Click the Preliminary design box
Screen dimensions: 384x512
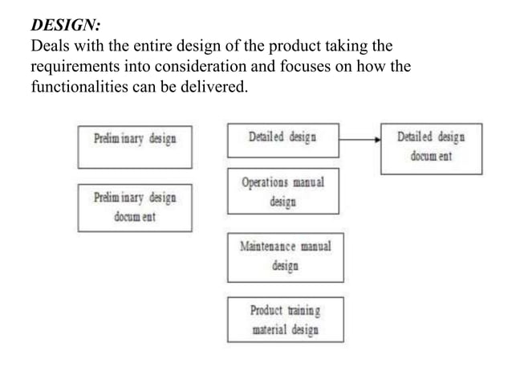click(135, 145)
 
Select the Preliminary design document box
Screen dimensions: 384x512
click(135, 207)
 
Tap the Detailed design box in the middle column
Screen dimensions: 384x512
click(282, 140)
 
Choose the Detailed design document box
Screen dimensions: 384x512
click(431, 148)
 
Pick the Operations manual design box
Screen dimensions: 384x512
click(282, 191)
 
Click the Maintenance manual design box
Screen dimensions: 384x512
click(285, 256)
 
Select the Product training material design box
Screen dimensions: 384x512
click(285, 319)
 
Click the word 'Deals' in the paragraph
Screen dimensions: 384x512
click(50, 47)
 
